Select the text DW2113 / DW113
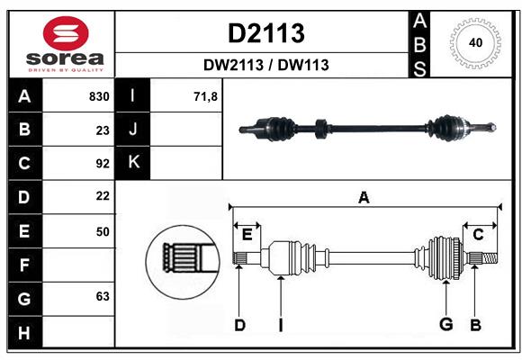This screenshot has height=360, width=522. pyautogui.click(x=265, y=65)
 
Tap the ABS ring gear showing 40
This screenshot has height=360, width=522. pyautogui.click(x=474, y=43)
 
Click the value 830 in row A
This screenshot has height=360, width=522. pyautogui.click(x=99, y=96)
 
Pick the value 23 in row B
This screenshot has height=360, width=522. pyautogui.click(x=103, y=130)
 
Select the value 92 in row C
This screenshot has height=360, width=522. pyautogui.click(x=103, y=164)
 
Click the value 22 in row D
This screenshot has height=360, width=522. pyautogui.click(x=103, y=196)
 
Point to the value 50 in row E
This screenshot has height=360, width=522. pyautogui.click(x=103, y=231)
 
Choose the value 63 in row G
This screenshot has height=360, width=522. pyautogui.click(x=103, y=296)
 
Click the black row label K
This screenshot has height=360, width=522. pyautogui.click(x=134, y=163)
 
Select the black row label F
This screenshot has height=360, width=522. pyautogui.click(x=24, y=265)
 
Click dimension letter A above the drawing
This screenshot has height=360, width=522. pyautogui.click(x=364, y=197)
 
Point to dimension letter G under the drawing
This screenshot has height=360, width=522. pyautogui.click(x=445, y=325)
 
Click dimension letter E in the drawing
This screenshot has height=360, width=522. pyautogui.click(x=247, y=235)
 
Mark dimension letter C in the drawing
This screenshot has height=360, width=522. pyautogui.click(x=478, y=235)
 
